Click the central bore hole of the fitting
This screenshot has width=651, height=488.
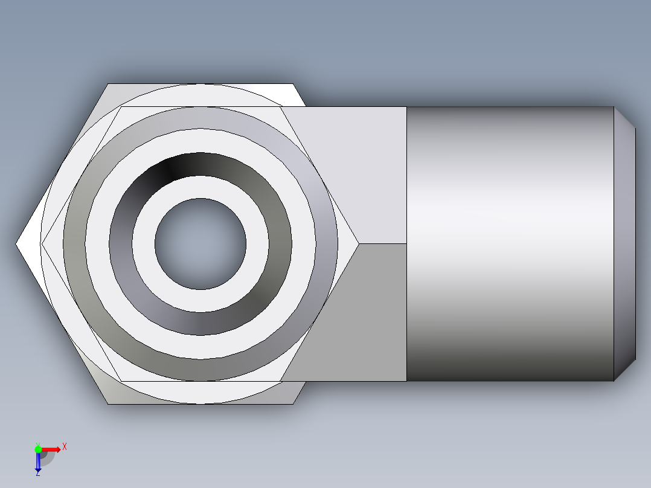point(200,244)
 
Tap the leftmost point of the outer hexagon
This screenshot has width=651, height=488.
point(16,244)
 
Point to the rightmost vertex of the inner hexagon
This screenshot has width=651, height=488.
point(359,244)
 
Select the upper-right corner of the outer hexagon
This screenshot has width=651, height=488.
point(293,84)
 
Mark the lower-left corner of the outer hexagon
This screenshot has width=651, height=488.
point(108,403)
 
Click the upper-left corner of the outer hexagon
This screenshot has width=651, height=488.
point(108,84)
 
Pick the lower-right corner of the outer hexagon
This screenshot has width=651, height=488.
point(293,403)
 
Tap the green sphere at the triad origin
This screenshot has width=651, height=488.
point(38,449)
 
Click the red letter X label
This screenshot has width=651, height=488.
point(65,447)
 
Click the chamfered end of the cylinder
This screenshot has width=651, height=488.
point(624,244)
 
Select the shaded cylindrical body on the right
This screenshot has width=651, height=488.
point(510,244)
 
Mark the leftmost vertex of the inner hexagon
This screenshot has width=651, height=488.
point(42,244)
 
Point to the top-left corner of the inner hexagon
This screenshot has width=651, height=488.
point(121,108)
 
